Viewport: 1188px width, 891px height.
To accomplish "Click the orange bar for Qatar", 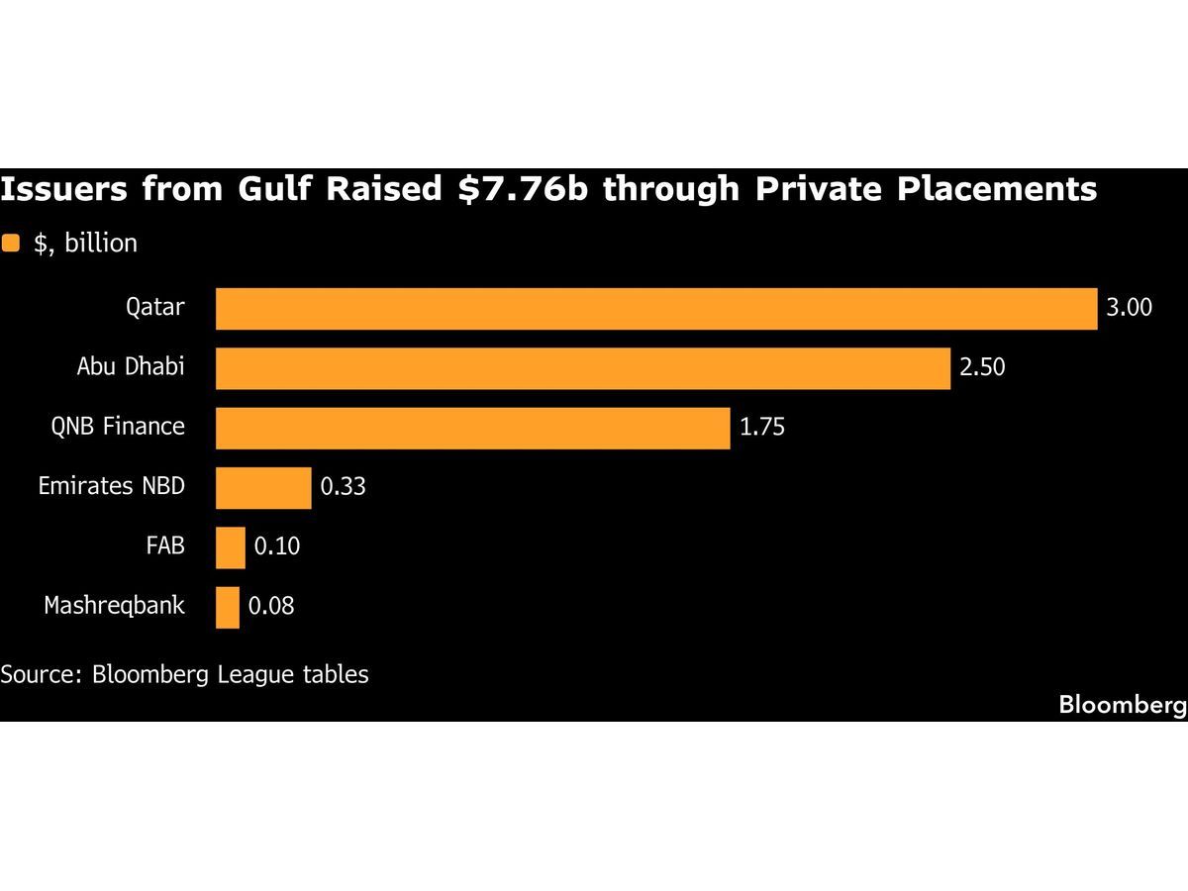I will pyautogui.click(x=656, y=308).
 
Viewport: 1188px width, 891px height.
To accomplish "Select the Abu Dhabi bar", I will pyautogui.click(x=583, y=367).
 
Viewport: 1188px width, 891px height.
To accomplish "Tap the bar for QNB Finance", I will pyautogui.click(x=472, y=428).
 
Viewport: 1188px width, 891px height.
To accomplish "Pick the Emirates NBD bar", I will pyautogui.click(x=263, y=487).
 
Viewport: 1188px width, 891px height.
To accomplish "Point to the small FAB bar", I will pyautogui.click(x=231, y=546).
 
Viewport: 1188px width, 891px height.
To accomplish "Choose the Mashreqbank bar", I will pyautogui.click(x=228, y=607).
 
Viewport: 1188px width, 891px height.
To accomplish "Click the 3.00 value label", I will pyautogui.click(x=1130, y=308).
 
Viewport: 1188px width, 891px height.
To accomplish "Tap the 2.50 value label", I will pyautogui.click(x=982, y=367).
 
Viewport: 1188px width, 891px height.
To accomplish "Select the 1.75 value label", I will pyautogui.click(x=762, y=428).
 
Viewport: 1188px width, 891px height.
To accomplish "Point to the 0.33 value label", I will pyautogui.click(x=343, y=487).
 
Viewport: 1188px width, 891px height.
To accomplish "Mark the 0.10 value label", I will pyautogui.click(x=277, y=546).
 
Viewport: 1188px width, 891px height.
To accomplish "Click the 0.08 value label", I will pyautogui.click(x=271, y=607).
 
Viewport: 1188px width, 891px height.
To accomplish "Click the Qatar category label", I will pyautogui.click(x=154, y=307).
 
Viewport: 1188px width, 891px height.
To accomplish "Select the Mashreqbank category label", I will pyautogui.click(x=114, y=606).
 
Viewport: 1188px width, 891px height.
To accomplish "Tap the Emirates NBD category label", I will pyautogui.click(x=111, y=486).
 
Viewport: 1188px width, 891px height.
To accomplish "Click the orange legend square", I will pyautogui.click(x=11, y=244).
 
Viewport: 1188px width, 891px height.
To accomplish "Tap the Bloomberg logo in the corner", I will pyautogui.click(x=1123, y=705).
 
